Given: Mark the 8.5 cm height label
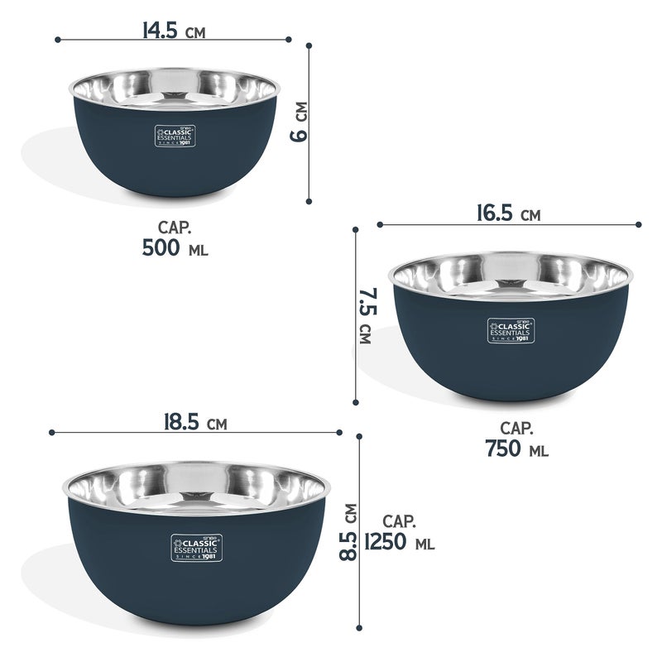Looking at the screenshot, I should coord(350,533).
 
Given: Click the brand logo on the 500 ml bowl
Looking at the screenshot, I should coord(174,137).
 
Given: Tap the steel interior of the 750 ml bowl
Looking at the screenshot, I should coord(511,276).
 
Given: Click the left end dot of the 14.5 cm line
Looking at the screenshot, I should coord(57,39).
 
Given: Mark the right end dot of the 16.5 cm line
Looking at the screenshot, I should coord(639,223).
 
